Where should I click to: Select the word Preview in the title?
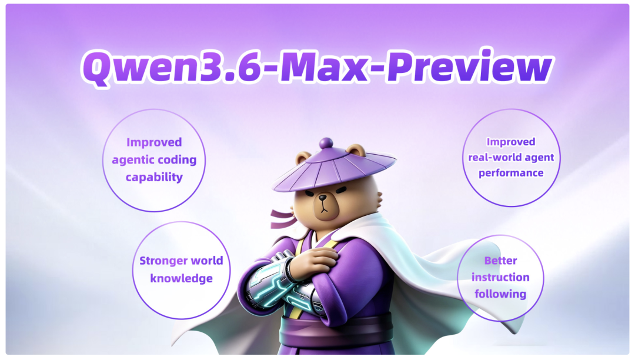469,67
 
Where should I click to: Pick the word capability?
154,178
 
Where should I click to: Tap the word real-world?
490,157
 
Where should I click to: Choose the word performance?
511,174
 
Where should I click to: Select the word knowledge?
182,279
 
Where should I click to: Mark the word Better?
500,261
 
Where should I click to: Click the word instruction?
500,278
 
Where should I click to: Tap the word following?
500,294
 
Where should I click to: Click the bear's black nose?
323,198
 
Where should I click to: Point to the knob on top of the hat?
326,144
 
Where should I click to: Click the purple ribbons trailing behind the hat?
283,219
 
